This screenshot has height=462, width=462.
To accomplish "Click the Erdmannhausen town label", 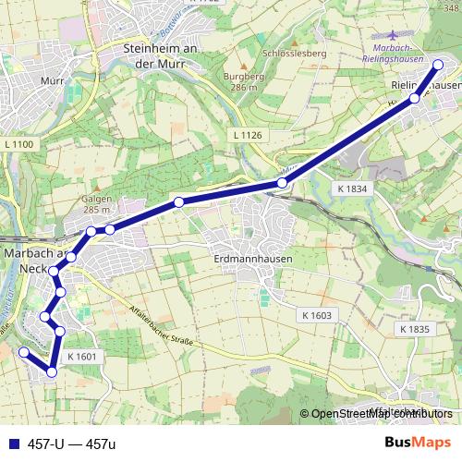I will click(252, 260).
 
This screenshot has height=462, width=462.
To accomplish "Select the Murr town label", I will click(52, 81).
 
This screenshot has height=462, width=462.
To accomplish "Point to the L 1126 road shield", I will click(248, 136).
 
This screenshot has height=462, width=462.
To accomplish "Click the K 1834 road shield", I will click(352, 188).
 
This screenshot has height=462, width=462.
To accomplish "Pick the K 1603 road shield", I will click(316, 315).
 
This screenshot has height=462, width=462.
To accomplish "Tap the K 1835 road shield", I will click(416, 329).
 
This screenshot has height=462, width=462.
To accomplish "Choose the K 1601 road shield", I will click(82, 356).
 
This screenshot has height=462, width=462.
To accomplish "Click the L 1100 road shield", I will click(18, 144).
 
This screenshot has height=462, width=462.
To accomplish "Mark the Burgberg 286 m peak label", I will click(243, 82).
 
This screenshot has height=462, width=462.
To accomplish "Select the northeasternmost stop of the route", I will click(438, 65).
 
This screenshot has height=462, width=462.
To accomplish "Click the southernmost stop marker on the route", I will click(52, 372).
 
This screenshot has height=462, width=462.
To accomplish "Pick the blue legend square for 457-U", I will click(12, 444).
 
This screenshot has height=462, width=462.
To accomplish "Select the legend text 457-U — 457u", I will click(72, 444).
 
